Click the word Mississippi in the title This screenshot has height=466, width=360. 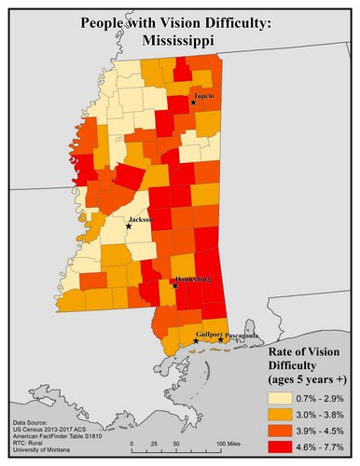[180, 41]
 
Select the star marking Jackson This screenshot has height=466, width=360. [130, 226]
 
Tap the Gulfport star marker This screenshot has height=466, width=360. [196, 342]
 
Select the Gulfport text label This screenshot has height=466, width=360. [210, 334]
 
